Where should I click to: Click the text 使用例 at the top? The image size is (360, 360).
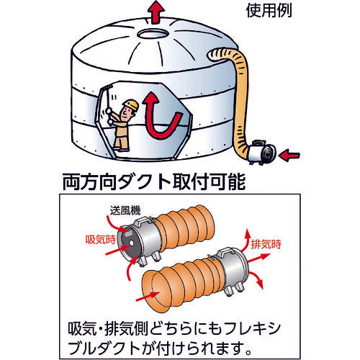click(269, 11)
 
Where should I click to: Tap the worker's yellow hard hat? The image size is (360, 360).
click(131, 104)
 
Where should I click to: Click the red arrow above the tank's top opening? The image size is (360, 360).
click(156, 12)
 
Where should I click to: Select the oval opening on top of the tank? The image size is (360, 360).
click(152, 34)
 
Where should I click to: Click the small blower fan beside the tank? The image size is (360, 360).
click(261, 152)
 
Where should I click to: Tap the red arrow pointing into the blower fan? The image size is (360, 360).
click(290, 156)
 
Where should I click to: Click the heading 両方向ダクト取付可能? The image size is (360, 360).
click(154, 182)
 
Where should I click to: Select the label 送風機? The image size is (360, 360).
click(125, 210)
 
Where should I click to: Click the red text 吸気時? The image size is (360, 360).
click(101, 239)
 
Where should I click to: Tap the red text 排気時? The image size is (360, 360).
click(266, 244)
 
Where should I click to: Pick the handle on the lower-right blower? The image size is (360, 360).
click(225, 252)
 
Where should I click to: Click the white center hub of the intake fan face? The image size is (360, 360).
click(131, 243)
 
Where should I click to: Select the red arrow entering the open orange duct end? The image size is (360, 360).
click(148, 297)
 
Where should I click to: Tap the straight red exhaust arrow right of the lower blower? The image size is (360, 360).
click(258, 258)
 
